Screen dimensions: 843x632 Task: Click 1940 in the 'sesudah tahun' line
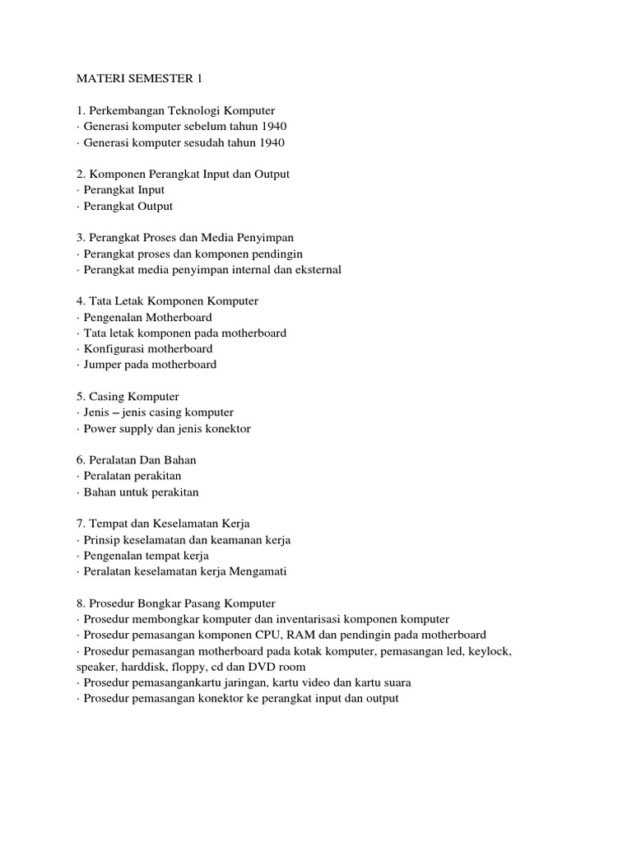point(271,142)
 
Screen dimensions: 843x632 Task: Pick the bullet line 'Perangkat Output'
point(128,206)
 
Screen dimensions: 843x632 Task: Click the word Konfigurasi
point(115,349)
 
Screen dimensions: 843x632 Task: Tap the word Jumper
point(103,365)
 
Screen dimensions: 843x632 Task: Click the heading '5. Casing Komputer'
point(128,397)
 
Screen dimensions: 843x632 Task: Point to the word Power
point(100,428)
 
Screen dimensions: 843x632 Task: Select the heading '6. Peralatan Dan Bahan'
point(136,460)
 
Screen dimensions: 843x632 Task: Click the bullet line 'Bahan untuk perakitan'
point(141,492)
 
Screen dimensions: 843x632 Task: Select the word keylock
point(490,651)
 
